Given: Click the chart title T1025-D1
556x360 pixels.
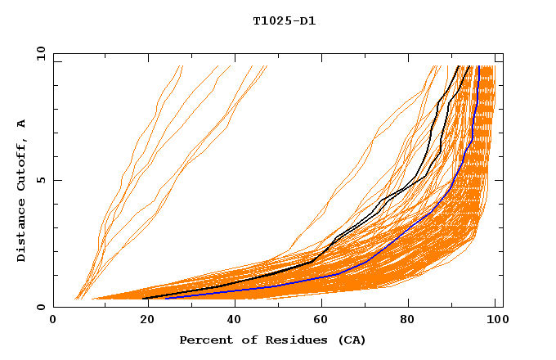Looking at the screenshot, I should [x=285, y=21].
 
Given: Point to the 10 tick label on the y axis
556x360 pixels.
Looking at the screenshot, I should [x=38, y=52].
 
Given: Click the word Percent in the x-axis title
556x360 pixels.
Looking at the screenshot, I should [x=203, y=340].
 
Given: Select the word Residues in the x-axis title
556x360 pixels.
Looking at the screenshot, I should [x=285, y=340].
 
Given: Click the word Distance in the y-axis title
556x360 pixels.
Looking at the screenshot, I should [x=22, y=232].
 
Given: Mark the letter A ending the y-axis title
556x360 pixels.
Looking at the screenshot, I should [x=22, y=123].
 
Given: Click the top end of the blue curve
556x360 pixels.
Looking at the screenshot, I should [x=478, y=66].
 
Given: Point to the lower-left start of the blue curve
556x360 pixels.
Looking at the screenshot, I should [x=166, y=299].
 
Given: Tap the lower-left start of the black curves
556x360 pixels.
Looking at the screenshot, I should [x=145, y=298].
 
